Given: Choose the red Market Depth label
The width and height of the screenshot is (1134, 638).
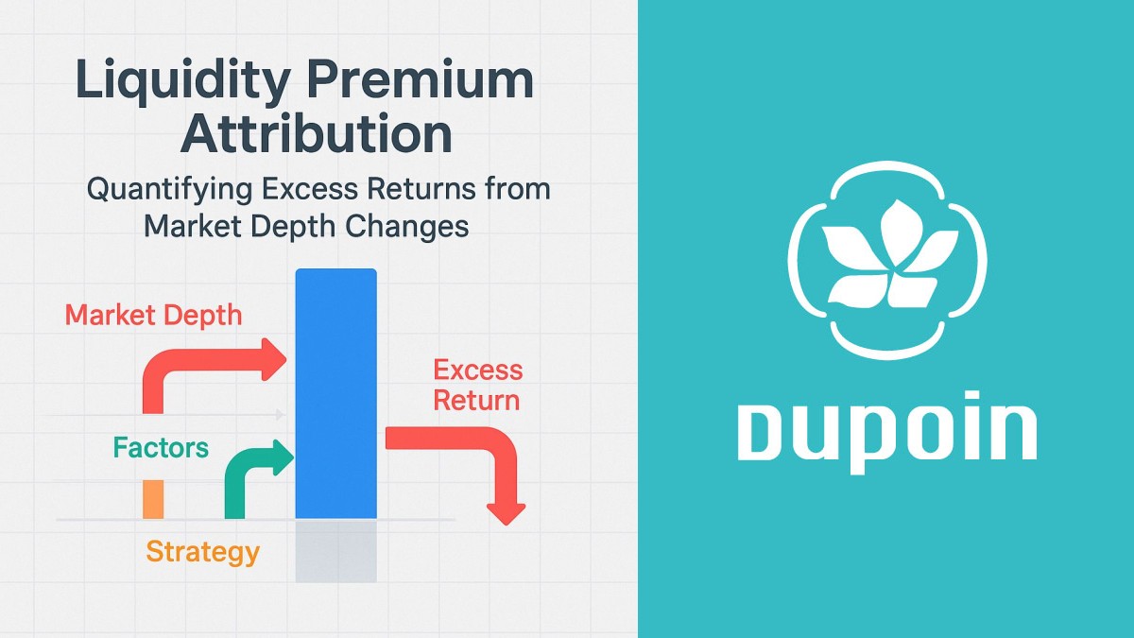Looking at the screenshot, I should pyautogui.click(x=153, y=315).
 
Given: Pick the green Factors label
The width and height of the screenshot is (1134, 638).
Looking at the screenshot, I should pyautogui.click(x=161, y=447).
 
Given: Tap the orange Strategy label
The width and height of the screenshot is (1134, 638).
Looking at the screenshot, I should pyautogui.click(x=202, y=551).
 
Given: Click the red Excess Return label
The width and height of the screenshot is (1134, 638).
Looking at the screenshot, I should pyautogui.click(x=477, y=385).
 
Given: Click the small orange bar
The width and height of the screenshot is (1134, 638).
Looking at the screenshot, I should pyautogui.click(x=153, y=498).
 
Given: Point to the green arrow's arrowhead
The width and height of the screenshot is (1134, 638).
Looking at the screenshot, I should pyautogui.click(x=283, y=456).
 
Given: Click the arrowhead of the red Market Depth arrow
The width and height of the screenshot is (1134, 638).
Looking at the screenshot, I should pyautogui.click(x=275, y=356).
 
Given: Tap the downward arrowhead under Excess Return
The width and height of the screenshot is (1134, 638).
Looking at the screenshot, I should pyautogui.click(x=508, y=511).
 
